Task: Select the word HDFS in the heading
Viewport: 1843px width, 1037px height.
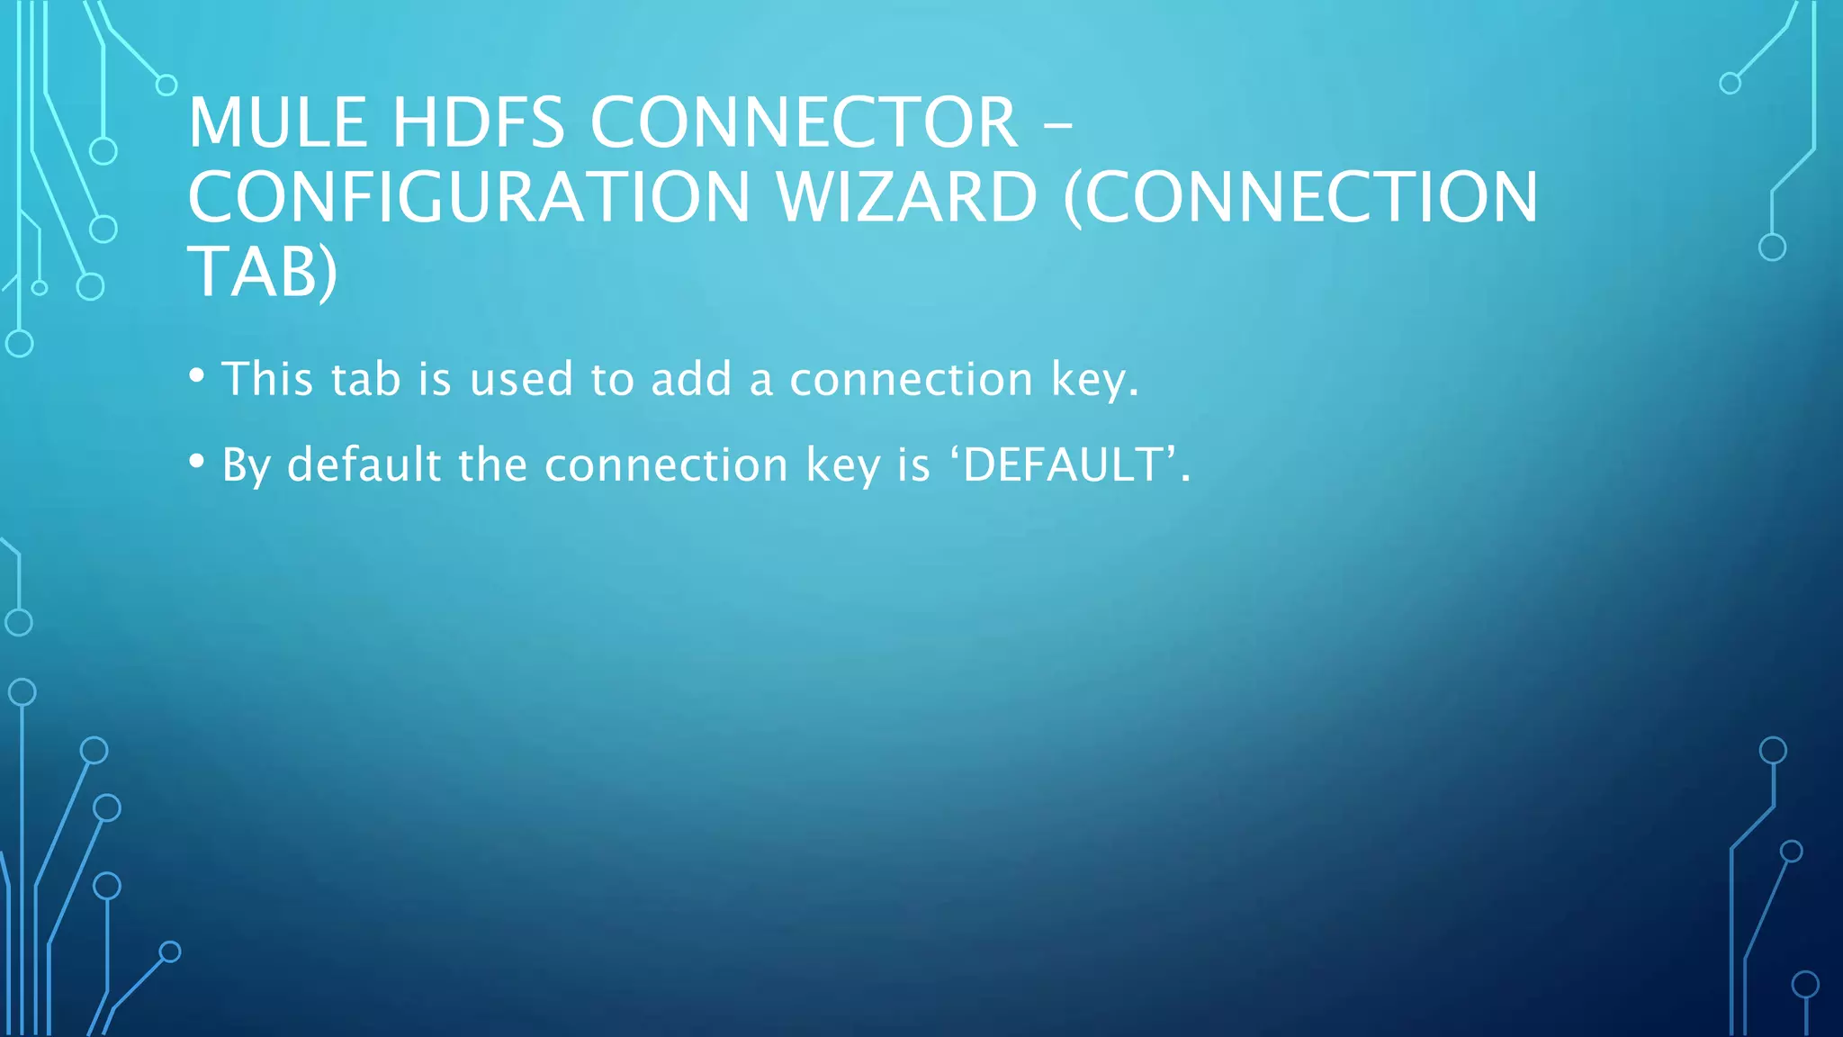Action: [x=478, y=123]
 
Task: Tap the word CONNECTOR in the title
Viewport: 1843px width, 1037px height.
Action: [x=804, y=123]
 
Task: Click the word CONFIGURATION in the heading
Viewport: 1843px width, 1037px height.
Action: [x=469, y=198]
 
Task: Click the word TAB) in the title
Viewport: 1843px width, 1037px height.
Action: [x=262, y=272]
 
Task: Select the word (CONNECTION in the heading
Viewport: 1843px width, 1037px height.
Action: [x=1300, y=198]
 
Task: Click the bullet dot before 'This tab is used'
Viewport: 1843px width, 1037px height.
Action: [x=197, y=374]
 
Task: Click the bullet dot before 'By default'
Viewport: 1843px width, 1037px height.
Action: [x=197, y=461]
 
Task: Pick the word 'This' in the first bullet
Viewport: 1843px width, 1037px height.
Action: [x=267, y=379]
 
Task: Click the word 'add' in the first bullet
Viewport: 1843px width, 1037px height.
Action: [x=691, y=379]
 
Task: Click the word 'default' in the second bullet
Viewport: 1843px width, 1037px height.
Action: [x=364, y=465]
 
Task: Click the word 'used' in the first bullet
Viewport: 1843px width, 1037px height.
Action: [x=521, y=379]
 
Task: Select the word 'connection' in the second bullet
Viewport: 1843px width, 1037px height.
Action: [x=666, y=465]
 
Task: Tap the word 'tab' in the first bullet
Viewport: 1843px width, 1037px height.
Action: [x=365, y=379]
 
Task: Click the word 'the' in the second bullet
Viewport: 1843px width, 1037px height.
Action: [x=492, y=465]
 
